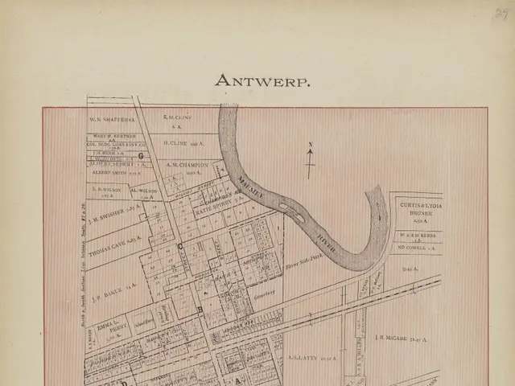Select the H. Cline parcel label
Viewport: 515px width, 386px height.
[182, 142]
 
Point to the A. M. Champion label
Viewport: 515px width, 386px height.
[187, 165]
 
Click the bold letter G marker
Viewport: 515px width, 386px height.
[140, 155]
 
